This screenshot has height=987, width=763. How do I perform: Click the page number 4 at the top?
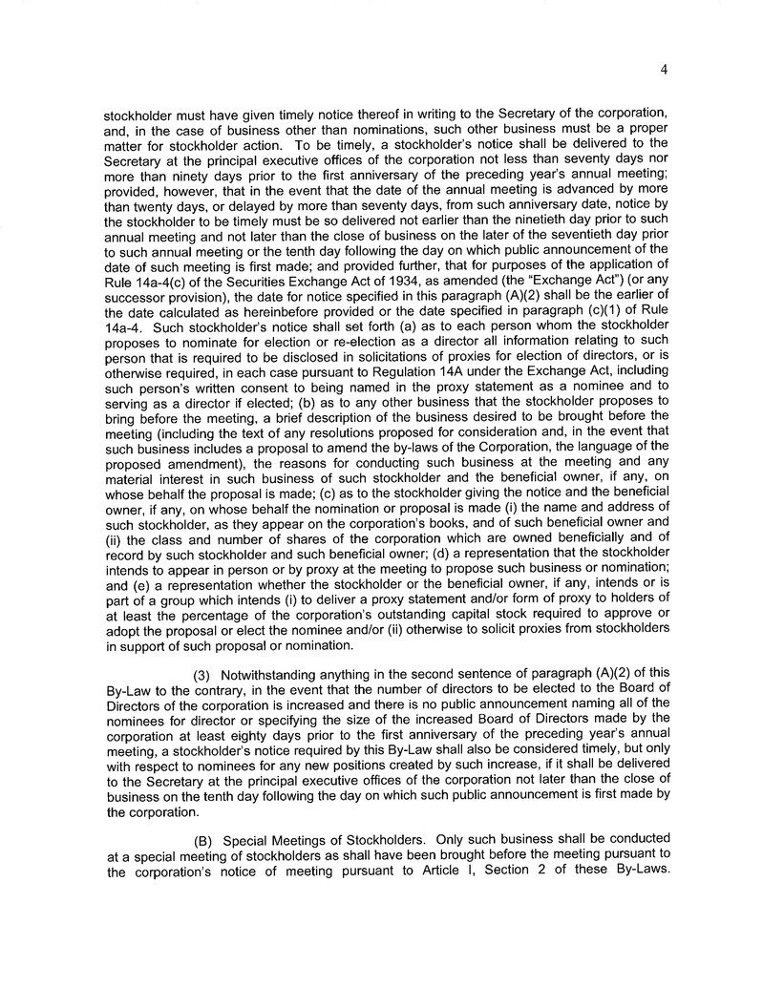click(x=661, y=68)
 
